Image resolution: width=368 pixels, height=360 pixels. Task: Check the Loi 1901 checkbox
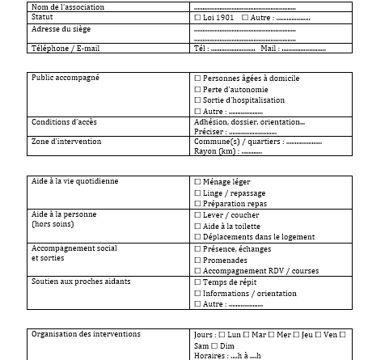[x=199, y=17]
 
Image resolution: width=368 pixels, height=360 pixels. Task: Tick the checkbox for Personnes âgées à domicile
[x=199, y=78]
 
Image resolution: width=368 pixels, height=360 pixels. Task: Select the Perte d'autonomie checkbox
[x=199, y=89]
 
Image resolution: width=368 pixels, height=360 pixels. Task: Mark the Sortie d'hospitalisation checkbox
[x=199, y=100]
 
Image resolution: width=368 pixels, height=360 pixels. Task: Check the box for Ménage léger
[x=199, y=181]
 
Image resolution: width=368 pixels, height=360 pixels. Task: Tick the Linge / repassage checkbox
[x=199, y=193]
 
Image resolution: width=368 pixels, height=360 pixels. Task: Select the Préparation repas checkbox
[x=199, y=204]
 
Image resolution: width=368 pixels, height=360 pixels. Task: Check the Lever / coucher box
[x=199, y=215]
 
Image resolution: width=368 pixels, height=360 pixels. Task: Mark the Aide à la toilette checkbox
[x=199, y=227]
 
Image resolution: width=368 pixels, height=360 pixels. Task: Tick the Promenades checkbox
[x=199, y=260]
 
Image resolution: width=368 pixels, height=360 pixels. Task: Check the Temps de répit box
[x=199, y=282]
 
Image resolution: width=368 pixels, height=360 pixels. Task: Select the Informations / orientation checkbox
[x=199, y=293]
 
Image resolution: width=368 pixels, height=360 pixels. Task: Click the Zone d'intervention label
[x=66, y=141]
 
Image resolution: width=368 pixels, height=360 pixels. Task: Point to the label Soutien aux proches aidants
[x=80, y=282]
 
